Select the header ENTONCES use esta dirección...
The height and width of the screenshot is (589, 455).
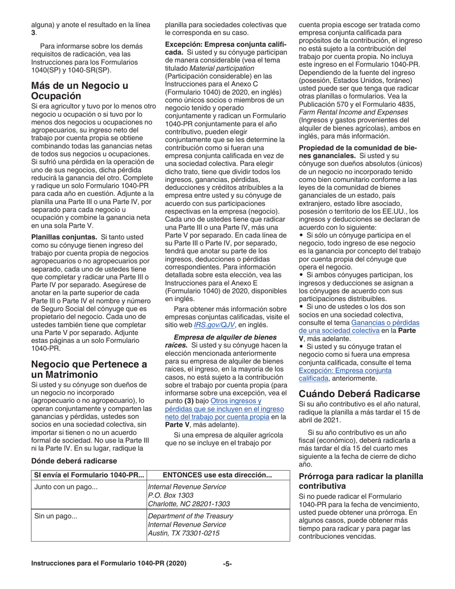click(218, 475)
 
